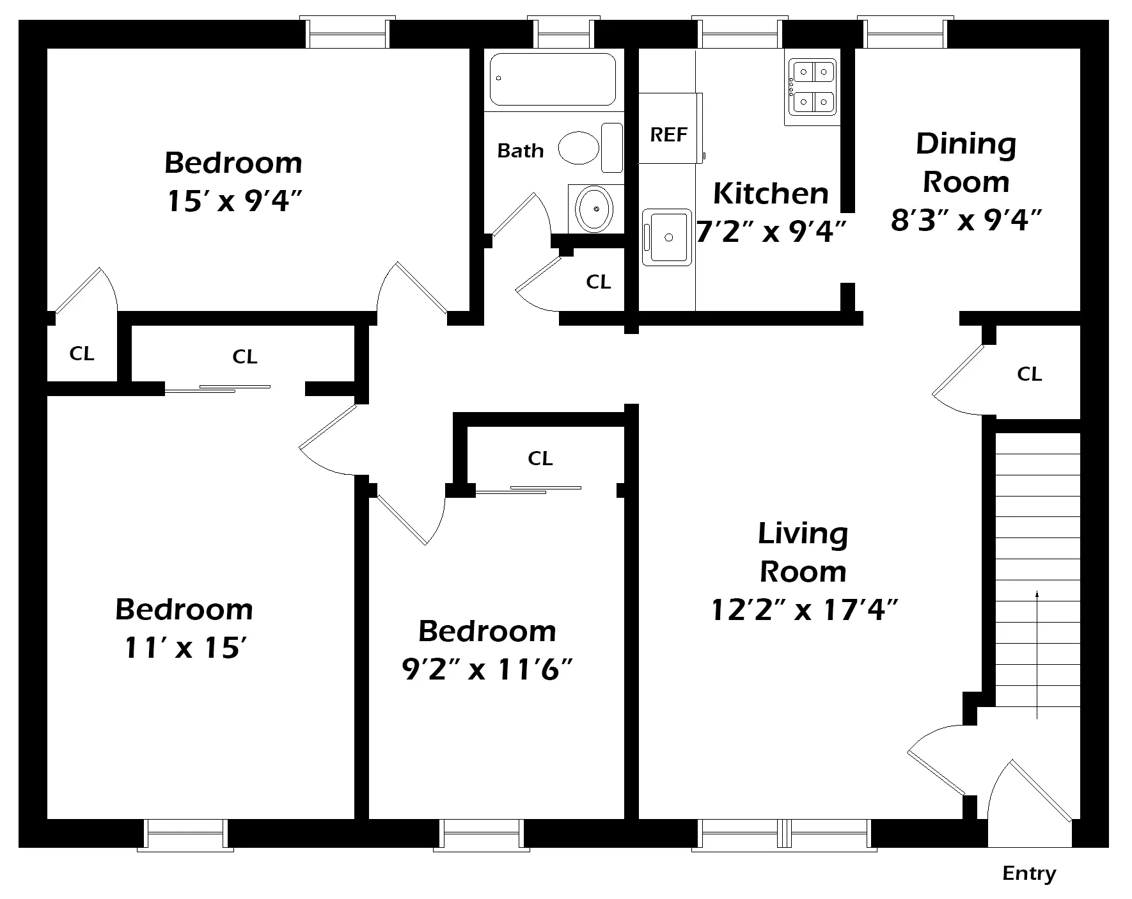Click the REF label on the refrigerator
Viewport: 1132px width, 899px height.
(668, 134)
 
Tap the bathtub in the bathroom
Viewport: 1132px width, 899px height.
(553, 79)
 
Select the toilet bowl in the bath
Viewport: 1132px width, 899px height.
(578, 148)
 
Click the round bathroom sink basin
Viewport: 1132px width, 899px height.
(595, 208)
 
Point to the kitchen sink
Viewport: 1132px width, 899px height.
(667, 237)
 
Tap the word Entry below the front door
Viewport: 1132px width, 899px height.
(1029, 874)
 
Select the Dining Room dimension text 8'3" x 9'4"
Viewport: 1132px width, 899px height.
(966, 221)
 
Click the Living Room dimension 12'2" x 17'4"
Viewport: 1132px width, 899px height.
(805, 610)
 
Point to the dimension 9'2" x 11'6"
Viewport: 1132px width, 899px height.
(487, 670)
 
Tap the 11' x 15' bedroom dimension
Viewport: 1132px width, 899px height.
(185, 648)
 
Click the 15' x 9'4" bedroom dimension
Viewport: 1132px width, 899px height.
(234, 201)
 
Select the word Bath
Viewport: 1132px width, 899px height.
(521, 150)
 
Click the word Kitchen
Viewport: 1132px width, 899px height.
(771, 193)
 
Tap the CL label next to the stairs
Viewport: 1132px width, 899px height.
(1030, 374)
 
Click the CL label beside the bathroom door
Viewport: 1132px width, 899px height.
(599, 282)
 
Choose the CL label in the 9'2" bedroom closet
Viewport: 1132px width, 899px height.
(540, 458)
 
